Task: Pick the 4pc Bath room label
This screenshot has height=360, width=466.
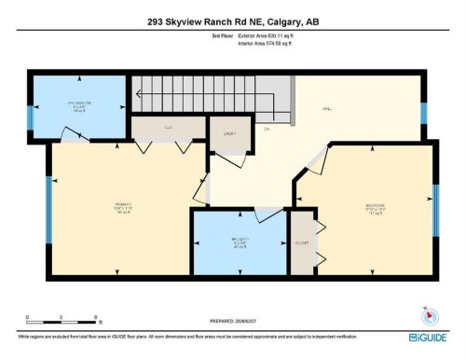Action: pos(239,243)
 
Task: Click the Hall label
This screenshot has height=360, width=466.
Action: pos(328,109)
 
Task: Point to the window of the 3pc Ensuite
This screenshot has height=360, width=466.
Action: pos(30,118)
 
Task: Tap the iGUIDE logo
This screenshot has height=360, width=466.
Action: pos(426,337)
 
